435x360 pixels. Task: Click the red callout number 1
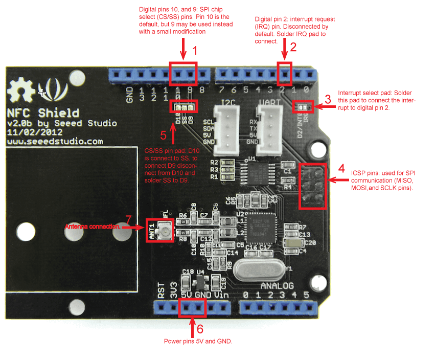pos(194,51)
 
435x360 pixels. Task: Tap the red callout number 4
pos(341,168)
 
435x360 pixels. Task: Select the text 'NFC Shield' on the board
pos(43,113)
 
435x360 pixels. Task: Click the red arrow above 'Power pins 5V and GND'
pos(192,327)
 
